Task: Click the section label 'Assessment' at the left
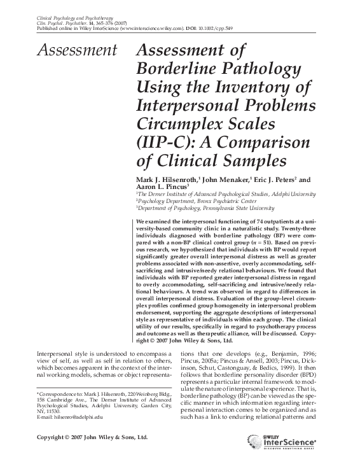tap(77, 51)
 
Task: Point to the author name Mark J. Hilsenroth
tap(169, 181)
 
